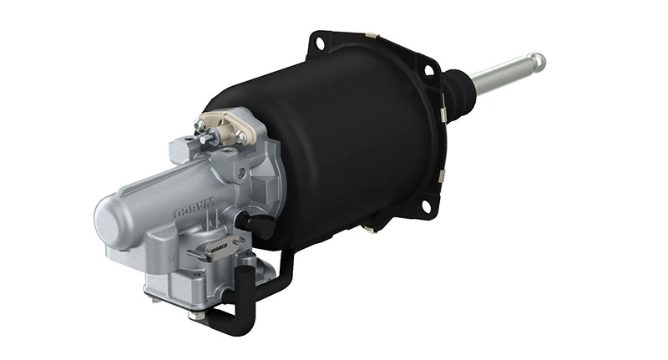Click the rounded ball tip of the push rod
tap(536, 62)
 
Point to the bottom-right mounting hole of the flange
tap(426, 205)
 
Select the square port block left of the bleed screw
tap(182, 151)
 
